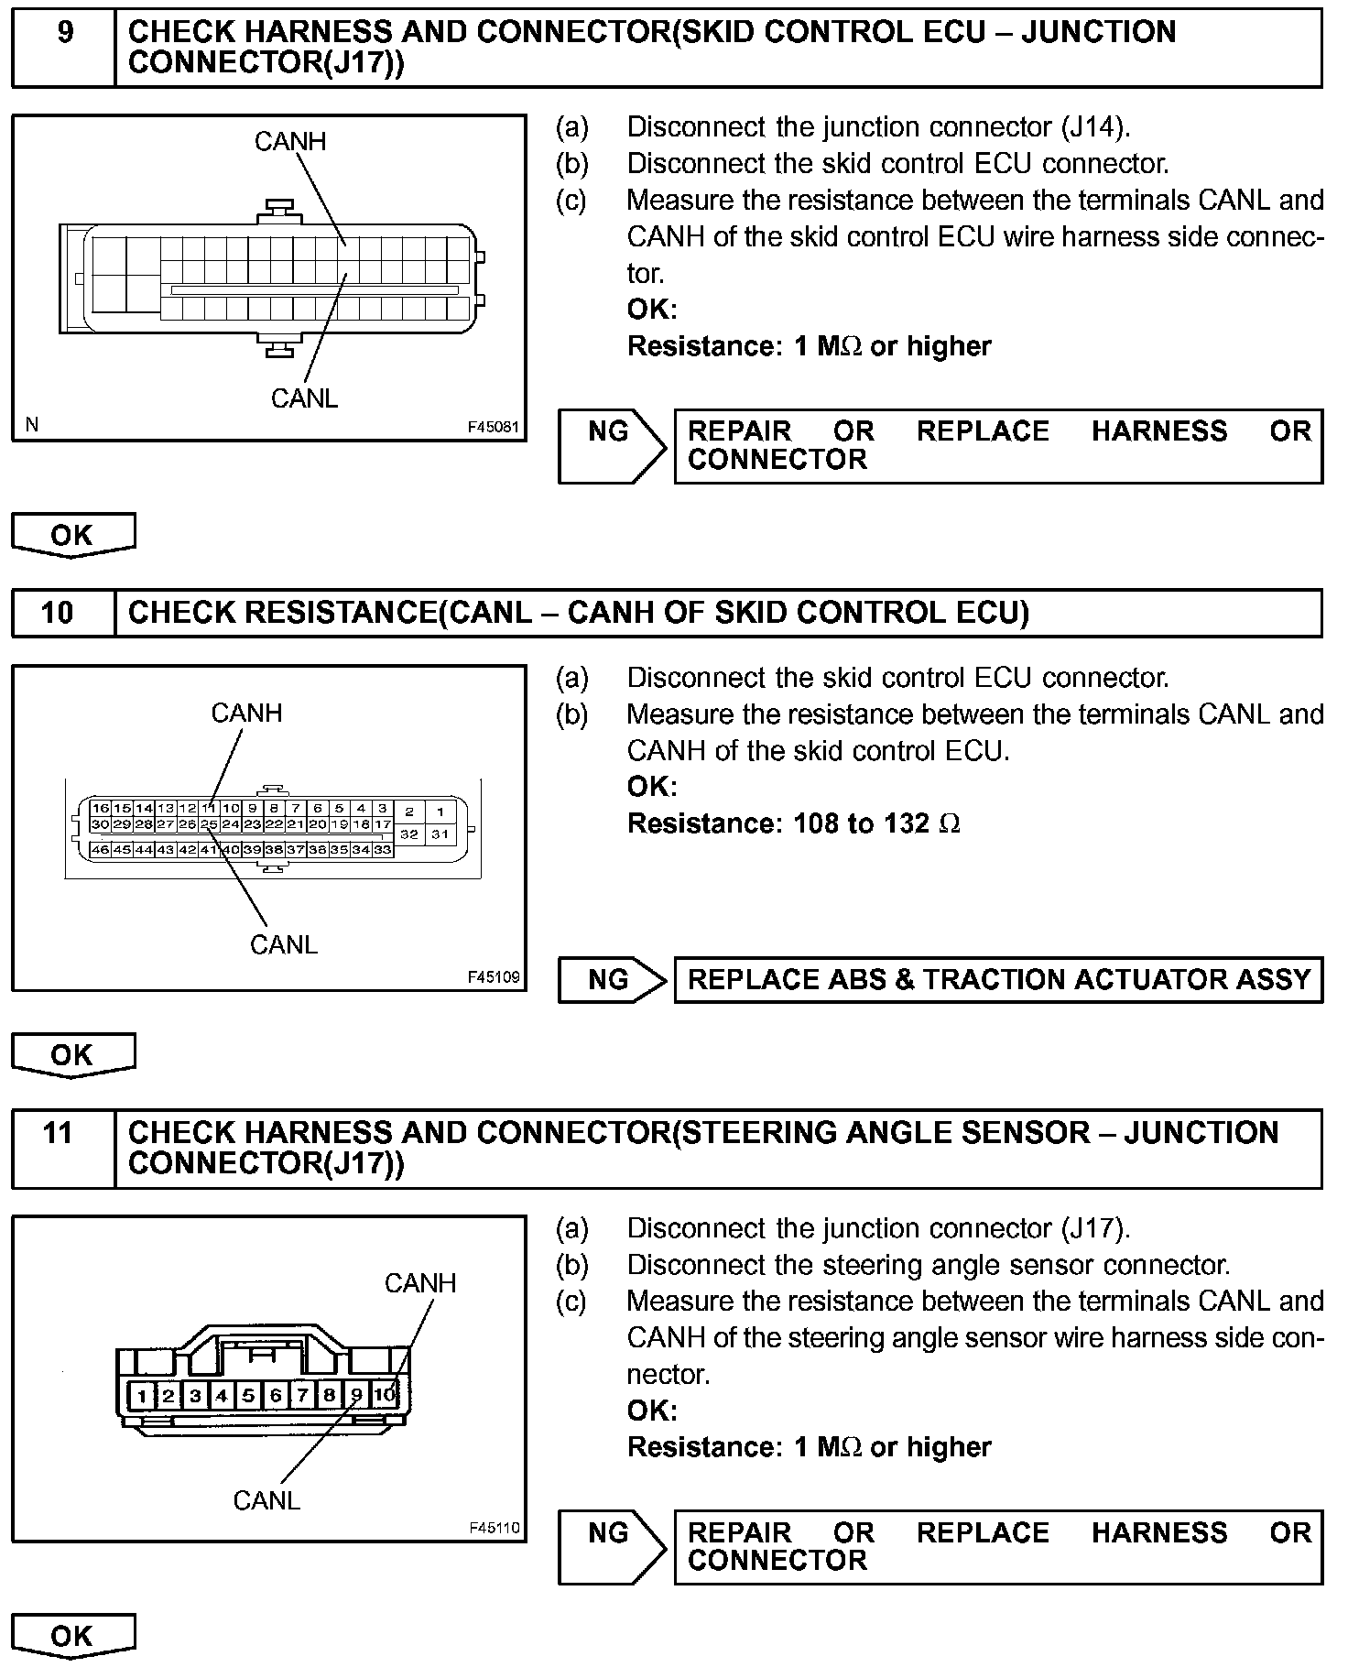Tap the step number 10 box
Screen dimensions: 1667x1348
pos(59,612)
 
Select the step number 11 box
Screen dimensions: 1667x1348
pos(59,1148)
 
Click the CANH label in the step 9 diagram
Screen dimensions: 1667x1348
pos(289,141)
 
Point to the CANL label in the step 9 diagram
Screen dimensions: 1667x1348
pos(304,398)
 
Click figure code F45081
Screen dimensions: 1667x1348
pos(493,428)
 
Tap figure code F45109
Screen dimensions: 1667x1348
pos(494,977)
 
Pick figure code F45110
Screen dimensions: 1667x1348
pos(494,1528)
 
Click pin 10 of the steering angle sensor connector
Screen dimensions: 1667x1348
pos(385,1396)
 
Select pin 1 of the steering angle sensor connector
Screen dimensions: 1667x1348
pos(142,1397)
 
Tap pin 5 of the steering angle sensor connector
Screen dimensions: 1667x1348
pos(248,1397)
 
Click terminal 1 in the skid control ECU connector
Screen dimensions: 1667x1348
pos(440,811)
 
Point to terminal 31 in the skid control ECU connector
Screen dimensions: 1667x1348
pos(440,833)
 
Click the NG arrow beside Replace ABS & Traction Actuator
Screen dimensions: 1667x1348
pos(612,980)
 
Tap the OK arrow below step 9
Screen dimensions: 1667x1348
pos(72,535)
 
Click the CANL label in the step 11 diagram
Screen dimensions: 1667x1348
pos(266,1500)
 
